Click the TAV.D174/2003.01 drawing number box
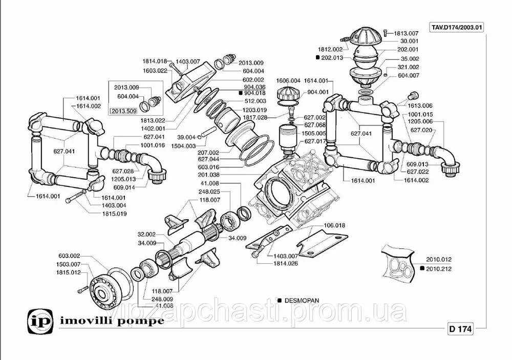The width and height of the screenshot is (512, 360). pos(457,27)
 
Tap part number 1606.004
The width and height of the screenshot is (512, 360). pos(288,81)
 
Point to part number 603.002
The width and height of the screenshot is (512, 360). pos(69,256)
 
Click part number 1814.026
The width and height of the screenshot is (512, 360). pos(285,263)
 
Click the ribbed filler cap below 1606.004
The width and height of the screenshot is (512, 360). pos(287,95)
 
